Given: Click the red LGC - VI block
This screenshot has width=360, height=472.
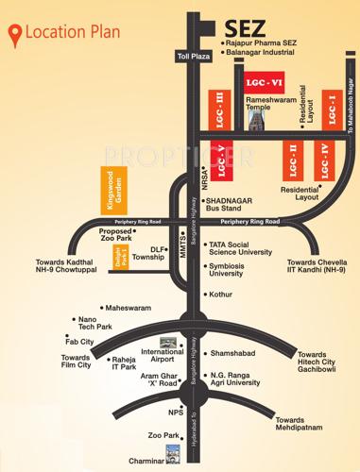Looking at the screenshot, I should click(x=256, y=81).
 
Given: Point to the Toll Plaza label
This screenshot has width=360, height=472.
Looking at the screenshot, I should click(x=190, y=57).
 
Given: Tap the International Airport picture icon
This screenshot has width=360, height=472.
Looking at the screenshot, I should click(x=169, y=342).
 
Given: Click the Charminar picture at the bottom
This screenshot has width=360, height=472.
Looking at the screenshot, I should click(x=173, y=451).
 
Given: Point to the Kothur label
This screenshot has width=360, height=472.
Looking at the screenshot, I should click(x=221, y=295).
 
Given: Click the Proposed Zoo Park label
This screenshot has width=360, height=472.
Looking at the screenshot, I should click(x=116, y=236).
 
